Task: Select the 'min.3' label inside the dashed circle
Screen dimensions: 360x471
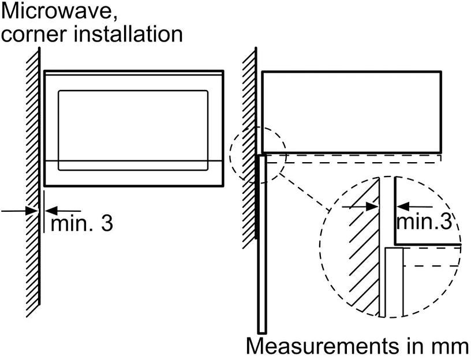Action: (424, 222)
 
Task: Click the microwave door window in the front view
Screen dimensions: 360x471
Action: (133, 130)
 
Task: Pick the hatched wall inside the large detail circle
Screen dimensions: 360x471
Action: (361, 254)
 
